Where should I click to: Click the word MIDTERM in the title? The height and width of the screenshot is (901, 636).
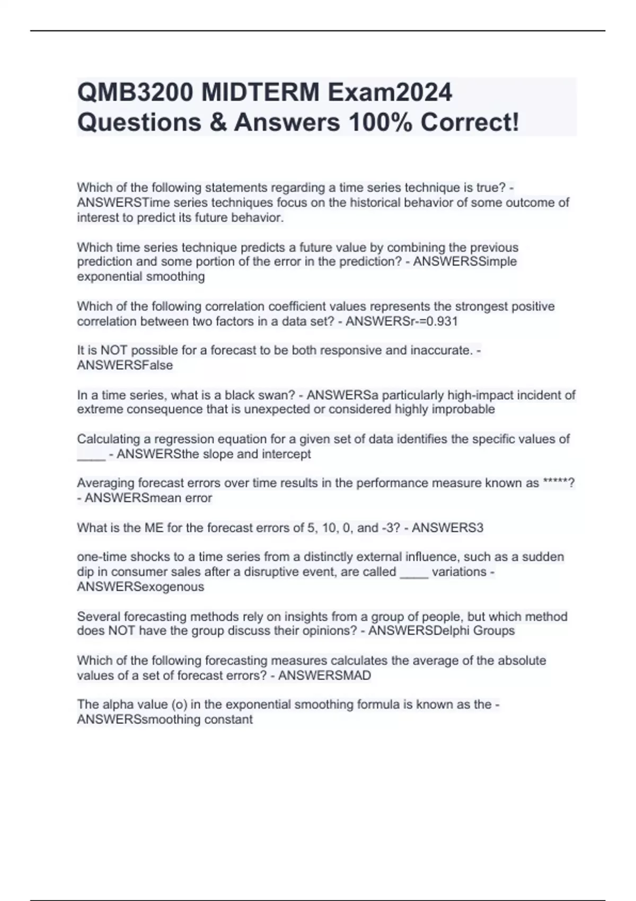(260, 93)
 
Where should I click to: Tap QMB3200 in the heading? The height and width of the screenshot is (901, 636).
(135, 93)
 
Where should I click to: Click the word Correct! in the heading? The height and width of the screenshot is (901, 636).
(470, 122)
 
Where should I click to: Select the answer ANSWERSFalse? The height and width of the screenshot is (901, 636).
(125, 365)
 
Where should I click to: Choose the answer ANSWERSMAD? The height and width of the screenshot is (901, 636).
(324, 675)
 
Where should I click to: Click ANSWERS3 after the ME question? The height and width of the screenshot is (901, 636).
(447, 527)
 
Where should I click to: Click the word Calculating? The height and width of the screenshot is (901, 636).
(108, 439)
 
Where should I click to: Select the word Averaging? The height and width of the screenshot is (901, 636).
(105, 483)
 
